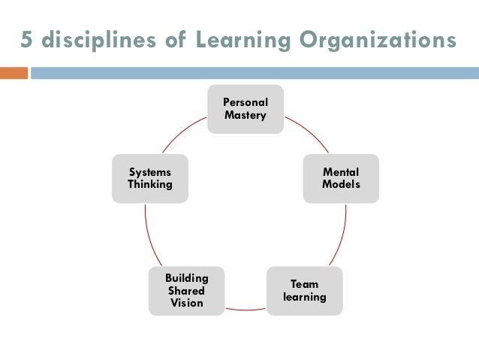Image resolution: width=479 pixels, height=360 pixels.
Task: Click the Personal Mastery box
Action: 245,109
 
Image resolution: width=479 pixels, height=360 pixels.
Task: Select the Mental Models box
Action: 341,178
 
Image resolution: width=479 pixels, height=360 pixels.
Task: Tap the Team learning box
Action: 304,290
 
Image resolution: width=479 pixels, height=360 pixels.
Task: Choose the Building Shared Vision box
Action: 186,290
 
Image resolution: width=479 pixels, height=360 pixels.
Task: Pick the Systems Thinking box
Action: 149,178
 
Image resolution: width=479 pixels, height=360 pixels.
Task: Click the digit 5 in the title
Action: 27,41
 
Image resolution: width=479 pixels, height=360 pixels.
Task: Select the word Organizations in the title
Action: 379,41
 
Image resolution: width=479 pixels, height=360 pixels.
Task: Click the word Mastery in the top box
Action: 245,116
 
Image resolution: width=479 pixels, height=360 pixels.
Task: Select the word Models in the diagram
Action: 341,185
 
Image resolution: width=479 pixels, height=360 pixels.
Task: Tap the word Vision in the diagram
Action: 186,303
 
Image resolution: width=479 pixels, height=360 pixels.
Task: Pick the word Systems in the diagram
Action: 149,172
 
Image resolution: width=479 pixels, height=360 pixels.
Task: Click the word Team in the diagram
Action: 304,284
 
